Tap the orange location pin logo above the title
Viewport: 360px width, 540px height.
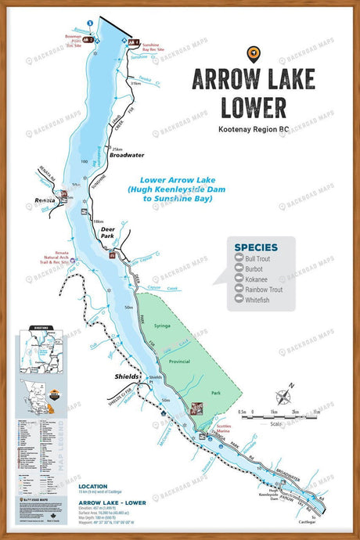point(253,53)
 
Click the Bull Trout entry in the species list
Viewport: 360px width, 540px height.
point(263,259)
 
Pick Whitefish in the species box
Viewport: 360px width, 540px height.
point(261,300)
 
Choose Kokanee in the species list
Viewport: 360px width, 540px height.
point(260,279)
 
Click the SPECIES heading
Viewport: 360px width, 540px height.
point(256,247)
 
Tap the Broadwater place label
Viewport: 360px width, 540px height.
point(128,155)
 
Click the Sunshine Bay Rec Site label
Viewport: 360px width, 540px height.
point(156,48)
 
